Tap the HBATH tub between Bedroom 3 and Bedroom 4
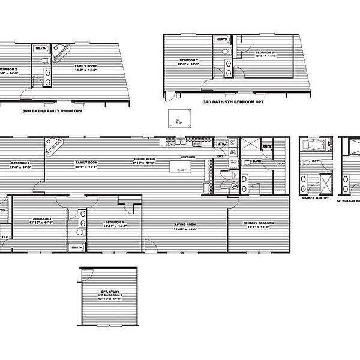click(x=77, y=247)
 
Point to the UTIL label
click(x=221, y=143)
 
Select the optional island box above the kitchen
click(x=178, y=119)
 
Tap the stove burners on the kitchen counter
click(x=197, y=144)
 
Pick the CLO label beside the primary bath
click(x=280, y=163)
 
